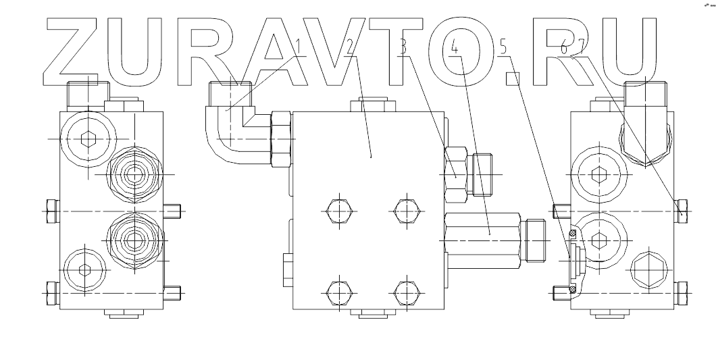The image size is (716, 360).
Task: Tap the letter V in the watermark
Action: [341, 51]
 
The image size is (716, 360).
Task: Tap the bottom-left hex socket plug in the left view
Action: [84, 270]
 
